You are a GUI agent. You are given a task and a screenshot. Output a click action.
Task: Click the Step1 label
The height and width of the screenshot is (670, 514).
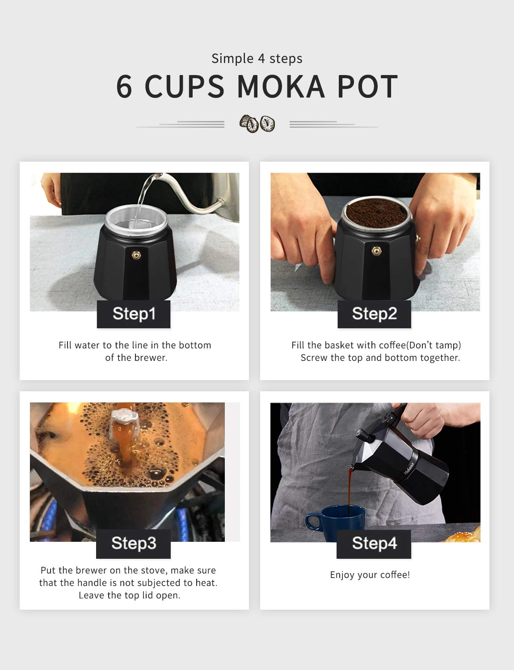[x=134, y=314]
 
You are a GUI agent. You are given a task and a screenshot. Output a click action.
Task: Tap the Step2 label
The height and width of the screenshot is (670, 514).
[x=374, y=314]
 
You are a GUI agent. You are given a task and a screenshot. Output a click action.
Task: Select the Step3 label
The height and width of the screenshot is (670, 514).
[x=134, y=543]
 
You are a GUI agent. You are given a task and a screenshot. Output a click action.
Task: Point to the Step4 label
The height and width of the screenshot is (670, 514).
[x=374, y=543]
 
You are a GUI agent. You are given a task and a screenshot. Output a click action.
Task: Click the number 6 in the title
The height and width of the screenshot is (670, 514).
[x=124, y=87]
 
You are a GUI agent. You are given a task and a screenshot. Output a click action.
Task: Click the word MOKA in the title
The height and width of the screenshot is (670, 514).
[x=281, y=87]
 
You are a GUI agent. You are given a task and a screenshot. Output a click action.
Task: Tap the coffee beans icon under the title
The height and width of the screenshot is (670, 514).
[x=257, y=124]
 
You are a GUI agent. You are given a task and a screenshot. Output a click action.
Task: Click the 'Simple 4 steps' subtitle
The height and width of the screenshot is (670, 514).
[x=257, y=59]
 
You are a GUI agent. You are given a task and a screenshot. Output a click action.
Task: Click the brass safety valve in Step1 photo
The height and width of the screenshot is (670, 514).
[x=135, y=254]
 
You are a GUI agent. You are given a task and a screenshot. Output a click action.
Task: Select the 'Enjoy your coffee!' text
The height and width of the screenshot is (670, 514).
[x=370, y=575]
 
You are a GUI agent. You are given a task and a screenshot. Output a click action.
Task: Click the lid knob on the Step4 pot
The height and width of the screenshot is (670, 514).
[x=361, y=434]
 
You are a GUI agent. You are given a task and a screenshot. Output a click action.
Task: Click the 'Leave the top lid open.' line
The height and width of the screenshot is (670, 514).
[x=129, y=595]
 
